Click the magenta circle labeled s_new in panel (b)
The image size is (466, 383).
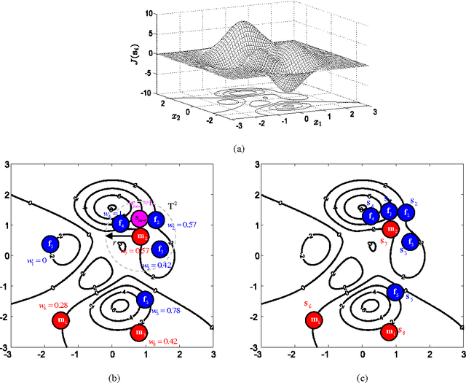138,219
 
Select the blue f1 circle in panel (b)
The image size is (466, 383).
52,244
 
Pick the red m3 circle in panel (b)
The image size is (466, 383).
138,333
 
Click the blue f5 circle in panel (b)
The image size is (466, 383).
145,298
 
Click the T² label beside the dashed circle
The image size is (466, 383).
172,206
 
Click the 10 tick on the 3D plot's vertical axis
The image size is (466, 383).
149,13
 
